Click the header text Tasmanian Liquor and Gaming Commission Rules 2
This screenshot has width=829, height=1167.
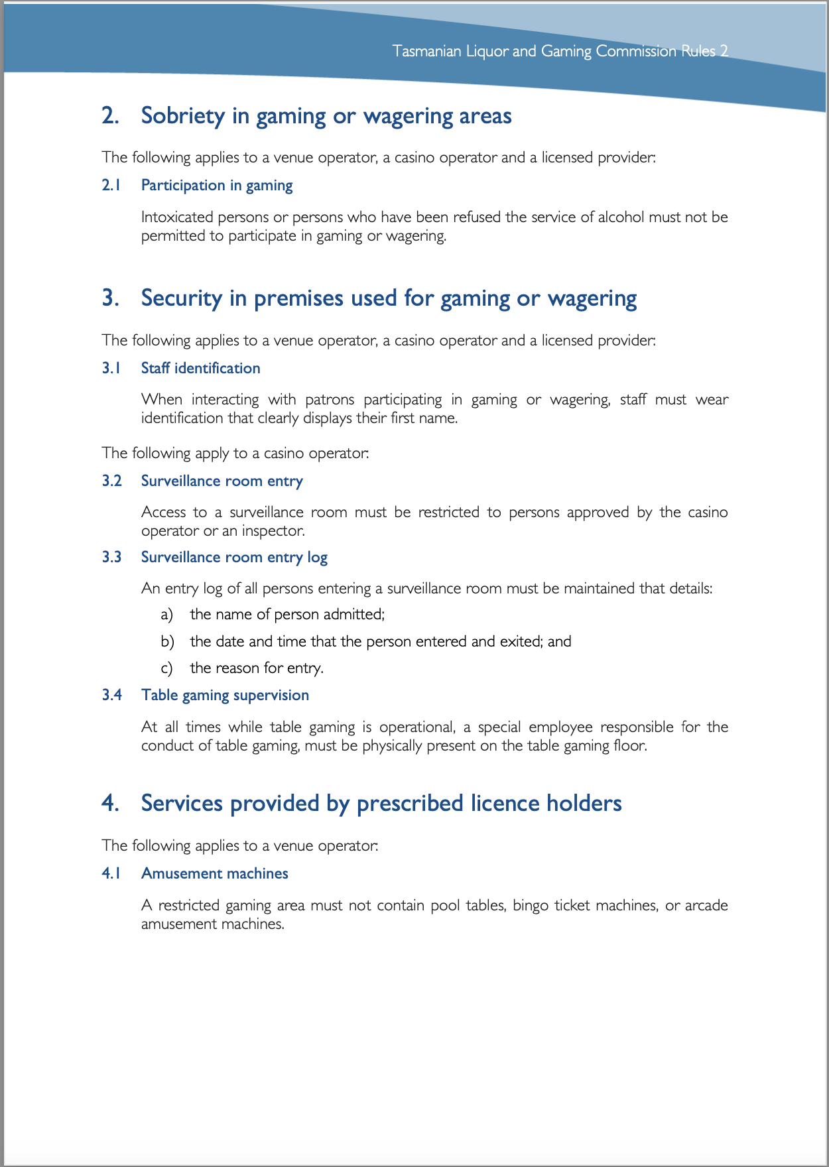pos(560,51)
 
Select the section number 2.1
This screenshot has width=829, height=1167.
pos(111,186)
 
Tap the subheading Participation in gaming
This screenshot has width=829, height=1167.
pos(217,186)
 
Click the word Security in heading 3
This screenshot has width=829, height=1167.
pos(181,298)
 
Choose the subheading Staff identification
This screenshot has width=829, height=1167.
pos(200,369)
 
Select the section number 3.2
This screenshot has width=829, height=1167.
pos(111,481)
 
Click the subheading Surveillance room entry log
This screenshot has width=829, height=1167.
pos(234,558)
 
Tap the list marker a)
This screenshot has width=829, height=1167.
pos(166,615)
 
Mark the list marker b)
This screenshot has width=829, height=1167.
pos(167,642)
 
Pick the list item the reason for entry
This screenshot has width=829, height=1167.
pos(257,668)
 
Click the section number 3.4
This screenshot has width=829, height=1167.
pos(111,696)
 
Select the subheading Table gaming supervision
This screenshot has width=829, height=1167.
pos(225,696)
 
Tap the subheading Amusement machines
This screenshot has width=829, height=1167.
pos(214,874)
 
